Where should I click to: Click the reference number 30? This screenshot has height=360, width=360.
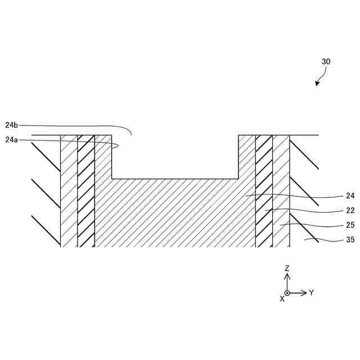pyautogui.click(x=326, y=62)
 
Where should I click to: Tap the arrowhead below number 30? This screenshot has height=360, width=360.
pyautogui.click(x=317, y=84)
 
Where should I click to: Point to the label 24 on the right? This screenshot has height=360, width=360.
pyautogui.click(x=350, y=196)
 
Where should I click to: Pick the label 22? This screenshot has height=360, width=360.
pyautogui.click(x=350, y=210)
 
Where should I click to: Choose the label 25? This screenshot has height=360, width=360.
pyautogui.click(x=350, y=225)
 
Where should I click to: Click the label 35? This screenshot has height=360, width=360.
pyautogui.click(x=350, y=240)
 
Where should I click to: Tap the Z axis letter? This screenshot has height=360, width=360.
pyautogui.click(x=287, y=268)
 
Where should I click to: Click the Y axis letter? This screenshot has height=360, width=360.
pyautogui.click(x=311, y=292)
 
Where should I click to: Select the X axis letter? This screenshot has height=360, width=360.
pyautogui.click(x=282, y=299)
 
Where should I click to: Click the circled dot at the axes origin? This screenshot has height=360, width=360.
pyautogui.click(x=287, y=292)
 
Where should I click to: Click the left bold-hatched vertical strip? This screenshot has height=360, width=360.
pyautogui.click(x=85, y=191)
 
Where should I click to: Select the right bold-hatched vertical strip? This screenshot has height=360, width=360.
pyautogui.click(x=264, y=191)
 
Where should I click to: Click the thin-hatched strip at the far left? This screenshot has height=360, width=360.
pyautogui.click(x=69, y=191)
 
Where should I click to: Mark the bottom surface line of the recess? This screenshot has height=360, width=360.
pyautogui.click(x=175, y=179)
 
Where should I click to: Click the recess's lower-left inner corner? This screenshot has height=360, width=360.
pyautogui.click(x=112, y=179)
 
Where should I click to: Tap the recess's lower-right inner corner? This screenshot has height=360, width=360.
pyautogui.click(x=238, y=179)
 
